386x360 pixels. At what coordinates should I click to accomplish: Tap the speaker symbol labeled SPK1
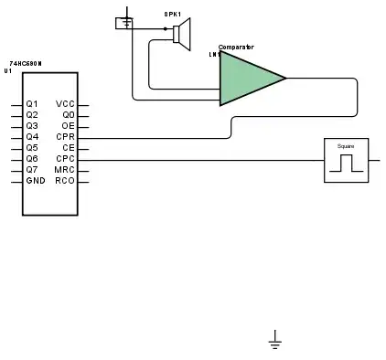(180, 35)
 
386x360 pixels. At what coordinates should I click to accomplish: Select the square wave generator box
(346, 160)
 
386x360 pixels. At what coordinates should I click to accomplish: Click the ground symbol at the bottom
(274, 341)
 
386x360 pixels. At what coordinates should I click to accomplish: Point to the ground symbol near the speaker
(124, 20)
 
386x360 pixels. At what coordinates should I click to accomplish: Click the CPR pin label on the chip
(65, 137)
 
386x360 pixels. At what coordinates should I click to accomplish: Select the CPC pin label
(65, 159)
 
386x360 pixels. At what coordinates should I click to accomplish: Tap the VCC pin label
(65, 104)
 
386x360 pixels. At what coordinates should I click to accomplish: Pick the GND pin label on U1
(35, 181)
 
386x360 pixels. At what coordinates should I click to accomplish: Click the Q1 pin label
(32, 104)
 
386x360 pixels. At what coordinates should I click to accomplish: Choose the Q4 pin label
(32, 137)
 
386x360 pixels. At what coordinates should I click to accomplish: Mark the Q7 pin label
(32, 170)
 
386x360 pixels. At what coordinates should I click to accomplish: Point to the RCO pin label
(65, 181)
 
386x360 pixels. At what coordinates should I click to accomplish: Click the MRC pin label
(65, 170)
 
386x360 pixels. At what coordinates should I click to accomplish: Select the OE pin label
(68, 126)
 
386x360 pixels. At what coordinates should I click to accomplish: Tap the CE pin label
(68, 148)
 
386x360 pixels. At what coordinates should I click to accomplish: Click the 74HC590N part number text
(26, 62)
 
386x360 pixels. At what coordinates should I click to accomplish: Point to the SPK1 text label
(172, 15)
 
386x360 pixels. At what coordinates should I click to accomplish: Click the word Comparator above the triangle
(236, 47)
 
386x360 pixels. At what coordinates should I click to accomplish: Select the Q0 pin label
(68, 115)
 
